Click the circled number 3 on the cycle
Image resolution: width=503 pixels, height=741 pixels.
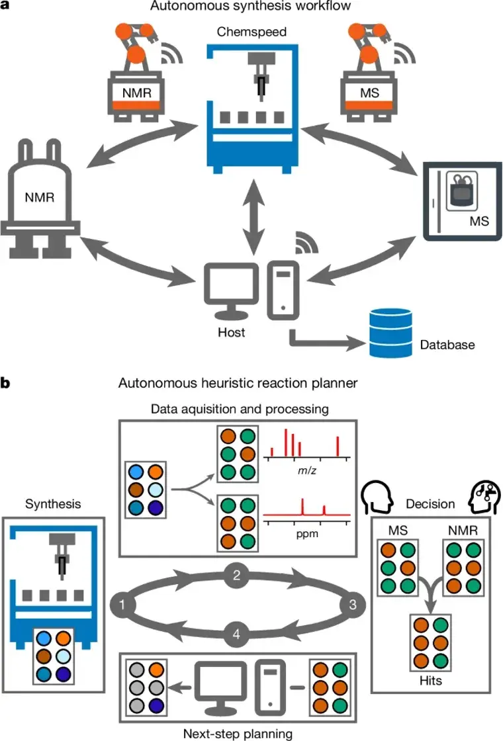(352, 603)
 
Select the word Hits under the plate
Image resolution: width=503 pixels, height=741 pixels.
(430, 679)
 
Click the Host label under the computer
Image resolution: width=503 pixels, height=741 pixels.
(231, 332)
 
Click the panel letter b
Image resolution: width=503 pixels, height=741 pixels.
(6, 383)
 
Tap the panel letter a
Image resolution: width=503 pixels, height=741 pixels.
(6, 6)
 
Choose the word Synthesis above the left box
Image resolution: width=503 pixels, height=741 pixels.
(53, 504)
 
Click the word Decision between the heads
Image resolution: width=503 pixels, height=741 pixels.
(431, 504)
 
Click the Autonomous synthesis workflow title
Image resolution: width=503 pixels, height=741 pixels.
(251, 7)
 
